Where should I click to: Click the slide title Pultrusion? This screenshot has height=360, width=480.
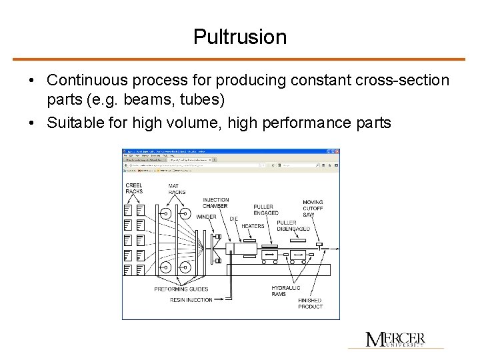(x=240, y=37)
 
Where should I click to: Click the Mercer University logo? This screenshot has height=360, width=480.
(x=395, y=339)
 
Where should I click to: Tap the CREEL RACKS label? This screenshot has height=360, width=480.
(x=134, y=189)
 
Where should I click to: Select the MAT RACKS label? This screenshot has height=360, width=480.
(x=177, y=189)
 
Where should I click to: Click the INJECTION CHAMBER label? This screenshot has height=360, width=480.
(x=215, y=203)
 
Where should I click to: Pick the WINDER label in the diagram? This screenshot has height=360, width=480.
(x=206, y=216)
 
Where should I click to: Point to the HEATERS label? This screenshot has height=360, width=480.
(x=253, y=226)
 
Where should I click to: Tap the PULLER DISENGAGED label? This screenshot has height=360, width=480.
(x=293, y=226)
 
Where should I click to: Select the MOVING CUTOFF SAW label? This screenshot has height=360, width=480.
(x=313, y=208)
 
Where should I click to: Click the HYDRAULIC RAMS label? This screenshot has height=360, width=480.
(x=285, y=291)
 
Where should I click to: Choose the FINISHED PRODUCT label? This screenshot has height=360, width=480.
(x=310, y=303)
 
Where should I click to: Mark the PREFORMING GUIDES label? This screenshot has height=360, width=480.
(x=181, y=289)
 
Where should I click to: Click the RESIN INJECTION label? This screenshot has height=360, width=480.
(x=191, y=300)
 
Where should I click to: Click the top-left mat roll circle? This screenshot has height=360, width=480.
(x=165, y=215)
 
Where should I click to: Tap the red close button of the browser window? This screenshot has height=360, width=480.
(x=336, y=151)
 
